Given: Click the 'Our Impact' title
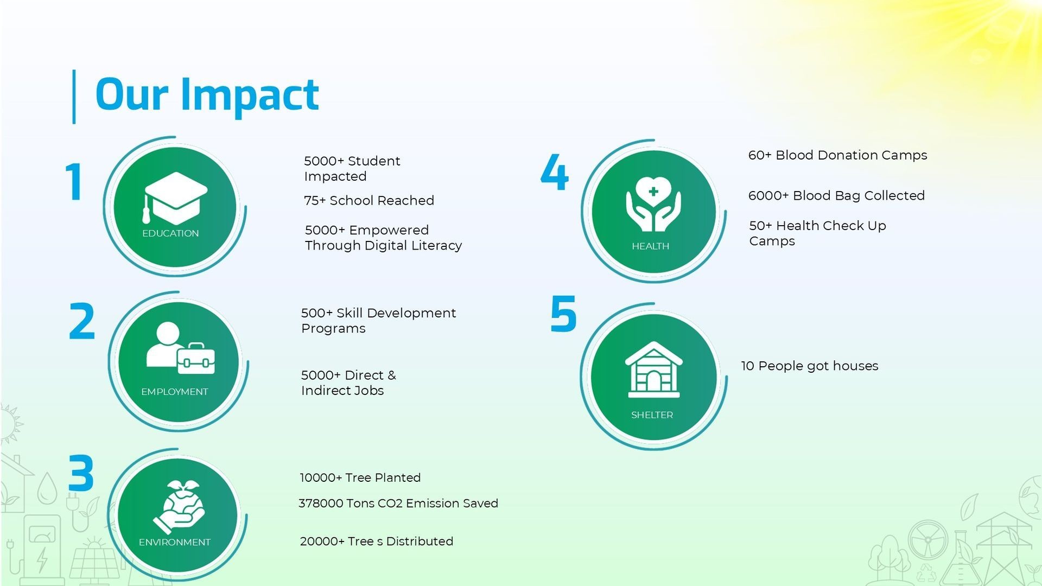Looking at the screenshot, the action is pos(207,95).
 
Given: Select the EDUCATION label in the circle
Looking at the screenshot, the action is pos(170,233).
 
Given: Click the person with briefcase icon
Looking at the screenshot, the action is pos(180,348).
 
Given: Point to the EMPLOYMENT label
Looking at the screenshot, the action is pos(174,392).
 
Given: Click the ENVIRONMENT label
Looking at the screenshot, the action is pos(174,542).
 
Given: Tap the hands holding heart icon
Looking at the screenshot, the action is pos(653,204).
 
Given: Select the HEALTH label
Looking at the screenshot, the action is pos(650,246).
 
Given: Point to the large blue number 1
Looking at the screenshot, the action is pos(74,182).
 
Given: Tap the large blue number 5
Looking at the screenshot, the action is pos(563,313).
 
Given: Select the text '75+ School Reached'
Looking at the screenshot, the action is pos(369,201).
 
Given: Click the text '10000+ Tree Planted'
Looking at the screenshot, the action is pos(360,477).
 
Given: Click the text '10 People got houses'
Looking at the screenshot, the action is pos(810,366).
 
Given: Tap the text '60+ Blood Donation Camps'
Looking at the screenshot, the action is pos(837,155).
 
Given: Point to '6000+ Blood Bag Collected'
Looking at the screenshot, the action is pos(836,195).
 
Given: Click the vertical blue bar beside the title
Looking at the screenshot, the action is pos(74,97).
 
